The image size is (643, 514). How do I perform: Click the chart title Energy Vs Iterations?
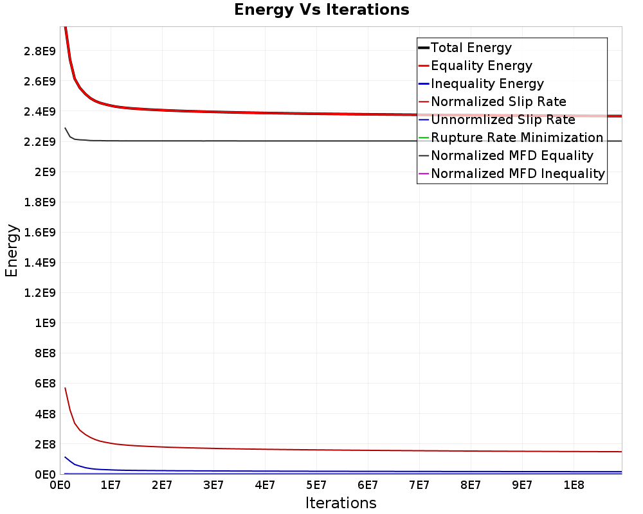click(321, 10)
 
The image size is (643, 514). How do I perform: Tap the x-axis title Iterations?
click(341, 502)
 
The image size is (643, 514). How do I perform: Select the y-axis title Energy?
click(12, 251)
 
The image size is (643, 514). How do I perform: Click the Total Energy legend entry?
click(465, 48)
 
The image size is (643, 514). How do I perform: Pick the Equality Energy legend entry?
click(475, 66)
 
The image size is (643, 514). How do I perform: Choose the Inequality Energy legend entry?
click(480, 84)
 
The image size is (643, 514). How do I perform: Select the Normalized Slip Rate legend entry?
click(492, 102)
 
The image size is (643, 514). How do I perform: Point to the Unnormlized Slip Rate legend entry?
click(496, 120)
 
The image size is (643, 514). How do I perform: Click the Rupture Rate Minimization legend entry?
click(511, 137)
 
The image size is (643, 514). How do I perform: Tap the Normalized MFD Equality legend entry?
click(505, 155)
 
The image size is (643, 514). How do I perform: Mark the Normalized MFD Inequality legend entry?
click(511, 173)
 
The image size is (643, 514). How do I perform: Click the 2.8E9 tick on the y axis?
click(40, 51)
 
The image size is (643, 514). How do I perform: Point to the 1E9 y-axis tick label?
click(45, 323)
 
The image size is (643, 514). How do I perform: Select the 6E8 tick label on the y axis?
click(45, 384)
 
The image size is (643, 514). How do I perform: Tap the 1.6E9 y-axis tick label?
click(40, 233)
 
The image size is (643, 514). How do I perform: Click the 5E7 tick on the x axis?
click(316, 485)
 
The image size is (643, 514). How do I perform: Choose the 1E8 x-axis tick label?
click(574, 485)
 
